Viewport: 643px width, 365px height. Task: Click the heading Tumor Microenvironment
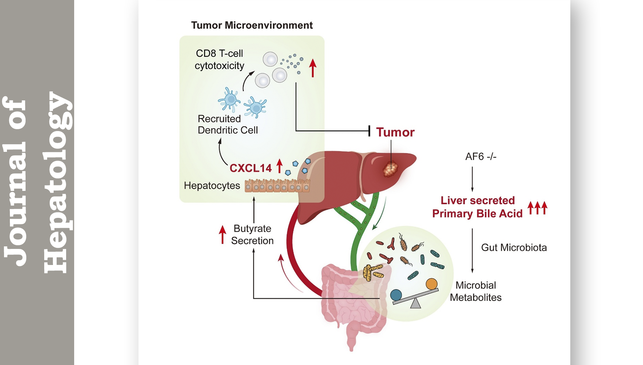tap(252, 25)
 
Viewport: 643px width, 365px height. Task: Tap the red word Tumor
tap(395, 132)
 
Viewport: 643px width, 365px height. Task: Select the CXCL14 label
tap(251, 168)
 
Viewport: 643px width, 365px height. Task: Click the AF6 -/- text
tap(480, 157)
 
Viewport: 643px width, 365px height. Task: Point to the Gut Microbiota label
tap(514, 247)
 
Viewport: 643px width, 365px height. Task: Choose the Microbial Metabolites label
tap(475, 291)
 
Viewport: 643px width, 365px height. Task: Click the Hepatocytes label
tap(212, 185)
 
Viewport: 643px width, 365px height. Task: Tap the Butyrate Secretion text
tap(252, 234)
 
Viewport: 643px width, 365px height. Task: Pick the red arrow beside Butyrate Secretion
tap(222, 234)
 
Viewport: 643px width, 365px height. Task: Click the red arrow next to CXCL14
tap(279, 166)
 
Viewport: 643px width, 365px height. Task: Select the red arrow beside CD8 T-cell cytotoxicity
tap(312, 68)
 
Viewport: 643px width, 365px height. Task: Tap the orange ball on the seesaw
tap(431, 284)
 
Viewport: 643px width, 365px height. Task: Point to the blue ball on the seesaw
tap(396, 295)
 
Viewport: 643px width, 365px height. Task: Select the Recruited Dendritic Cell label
tap(228, 124)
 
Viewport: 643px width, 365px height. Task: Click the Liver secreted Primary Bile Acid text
tap(477, 207)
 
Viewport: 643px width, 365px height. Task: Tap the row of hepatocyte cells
tap(277, 186)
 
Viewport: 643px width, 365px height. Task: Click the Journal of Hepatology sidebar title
tap(37, 182)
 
